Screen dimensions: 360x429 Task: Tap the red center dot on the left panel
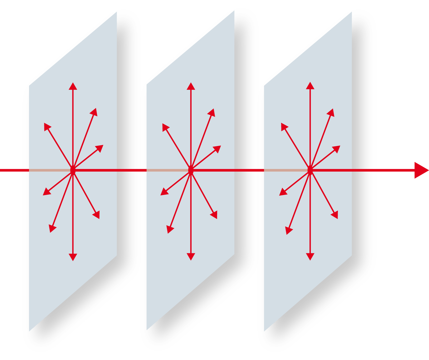click(73, 170)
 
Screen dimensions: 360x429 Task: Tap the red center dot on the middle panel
click(191, 170)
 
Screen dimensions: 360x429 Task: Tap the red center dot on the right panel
click(310, 170)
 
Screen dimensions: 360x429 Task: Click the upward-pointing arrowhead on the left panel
click(73, 86)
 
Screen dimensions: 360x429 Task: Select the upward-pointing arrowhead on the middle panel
click(191, 86)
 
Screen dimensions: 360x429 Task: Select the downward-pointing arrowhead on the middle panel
click(191, 257)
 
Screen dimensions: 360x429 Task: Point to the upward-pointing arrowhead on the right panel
click(310, 86)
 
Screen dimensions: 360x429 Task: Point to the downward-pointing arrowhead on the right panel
click(310, 257)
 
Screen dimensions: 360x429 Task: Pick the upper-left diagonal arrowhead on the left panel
click(47, 126)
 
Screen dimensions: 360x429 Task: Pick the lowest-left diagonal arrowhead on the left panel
click(52, 229)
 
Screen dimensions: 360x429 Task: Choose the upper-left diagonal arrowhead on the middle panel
click(165, 127)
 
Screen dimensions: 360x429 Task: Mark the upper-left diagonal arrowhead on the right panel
click(284, 126)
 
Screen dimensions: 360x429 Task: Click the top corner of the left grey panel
click(117, 12)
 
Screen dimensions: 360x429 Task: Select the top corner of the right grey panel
click(352, 12)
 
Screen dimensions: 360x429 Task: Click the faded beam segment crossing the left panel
click(47, 170)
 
